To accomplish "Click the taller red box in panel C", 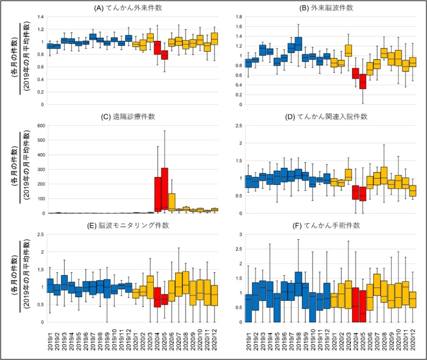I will tap(165, 189).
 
